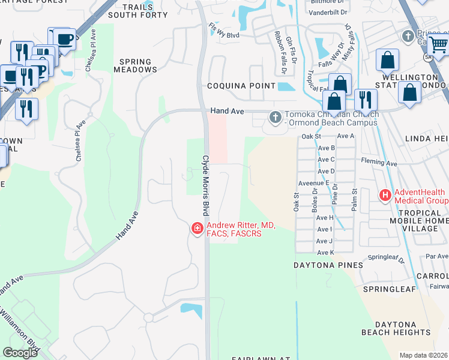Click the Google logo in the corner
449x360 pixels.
coord(20,352)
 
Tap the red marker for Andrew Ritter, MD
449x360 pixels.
coord(196,229)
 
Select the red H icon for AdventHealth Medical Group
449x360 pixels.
coord(384,196)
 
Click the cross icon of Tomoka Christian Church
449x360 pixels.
coord(276,118)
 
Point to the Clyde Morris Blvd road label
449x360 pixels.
coord(205,186)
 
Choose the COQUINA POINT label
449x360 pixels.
coord(241,86)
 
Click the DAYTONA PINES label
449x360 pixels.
coord(328,265)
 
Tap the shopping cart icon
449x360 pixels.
coord(438,44)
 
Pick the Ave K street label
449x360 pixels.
coord(324,253)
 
